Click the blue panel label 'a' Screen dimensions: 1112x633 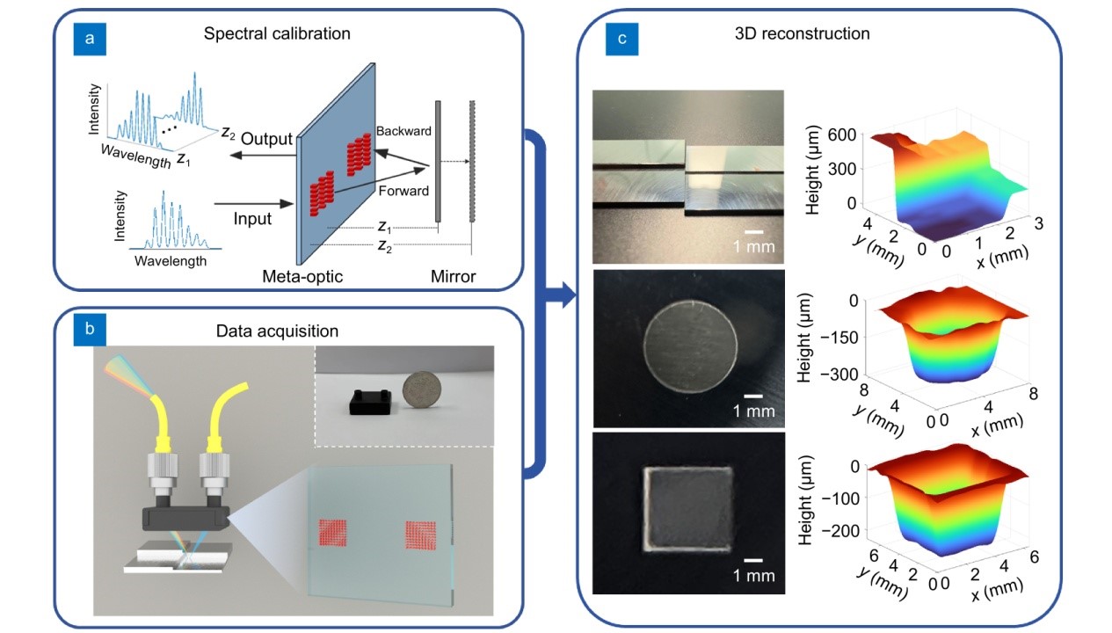[x=90, y=38]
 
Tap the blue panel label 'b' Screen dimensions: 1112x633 [x=90, y=329]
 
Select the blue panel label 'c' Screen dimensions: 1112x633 [x=621, y=38]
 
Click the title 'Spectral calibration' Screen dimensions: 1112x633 [x=277, y=33]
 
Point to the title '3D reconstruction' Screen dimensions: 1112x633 [x=802, y=33]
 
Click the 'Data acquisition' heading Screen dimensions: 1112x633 [x=277, y=331]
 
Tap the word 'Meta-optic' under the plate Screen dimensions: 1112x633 [x=302, y=276]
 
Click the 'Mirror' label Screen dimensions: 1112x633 [x=453, y=276]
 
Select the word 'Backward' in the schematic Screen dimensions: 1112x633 [x=403, y=131]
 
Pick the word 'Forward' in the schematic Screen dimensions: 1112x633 [x=403, y=191]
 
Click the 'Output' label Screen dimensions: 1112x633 [x=266, y=139]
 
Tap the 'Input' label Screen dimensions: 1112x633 [x=252, y=218]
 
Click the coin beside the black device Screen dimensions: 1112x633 [x=421, y=389]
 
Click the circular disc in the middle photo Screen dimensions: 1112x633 [x=690, y=346]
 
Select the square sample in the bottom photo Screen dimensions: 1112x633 [x=688, y=509]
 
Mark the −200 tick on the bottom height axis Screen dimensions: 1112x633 [x=840, y=530]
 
